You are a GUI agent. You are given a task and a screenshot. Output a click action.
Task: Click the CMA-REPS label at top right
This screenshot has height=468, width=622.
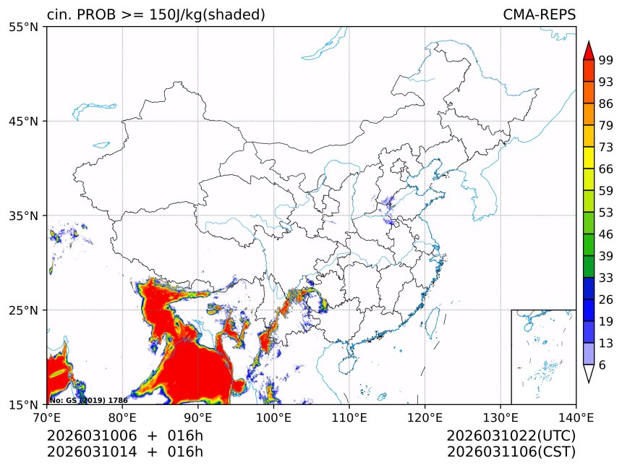click(539, 15)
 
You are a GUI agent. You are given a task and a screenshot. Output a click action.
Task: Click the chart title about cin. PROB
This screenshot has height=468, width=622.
click(155, 15)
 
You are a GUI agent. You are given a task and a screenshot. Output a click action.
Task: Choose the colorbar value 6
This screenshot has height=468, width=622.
click(602, 365)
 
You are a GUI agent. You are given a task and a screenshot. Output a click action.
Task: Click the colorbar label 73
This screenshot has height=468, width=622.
click(605, 147)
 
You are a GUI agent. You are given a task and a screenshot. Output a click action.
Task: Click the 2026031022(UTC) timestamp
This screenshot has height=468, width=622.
click(511, 435)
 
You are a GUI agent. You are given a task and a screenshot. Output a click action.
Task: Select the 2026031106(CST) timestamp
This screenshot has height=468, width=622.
click(511, 452)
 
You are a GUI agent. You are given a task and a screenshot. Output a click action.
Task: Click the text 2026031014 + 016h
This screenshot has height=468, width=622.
click(124, 452)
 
